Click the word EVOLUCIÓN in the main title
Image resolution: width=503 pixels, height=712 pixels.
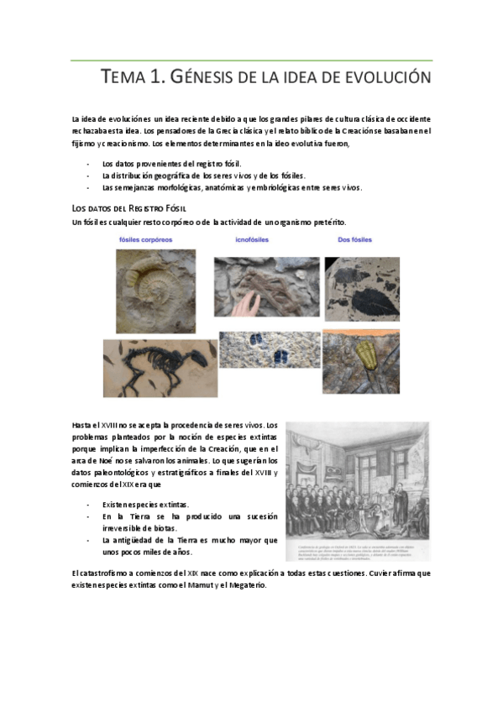[387, 78]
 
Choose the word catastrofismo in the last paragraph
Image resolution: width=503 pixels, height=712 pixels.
[112, 573]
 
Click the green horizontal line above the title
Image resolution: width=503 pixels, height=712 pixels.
[252, 60]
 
